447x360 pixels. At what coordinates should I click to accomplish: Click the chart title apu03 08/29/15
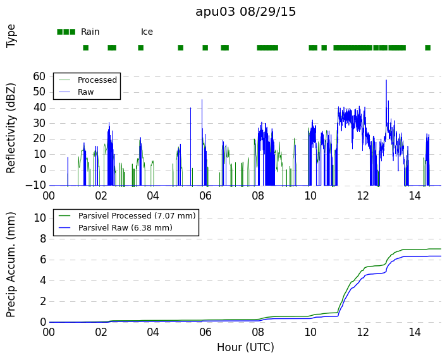(x=245, y=12)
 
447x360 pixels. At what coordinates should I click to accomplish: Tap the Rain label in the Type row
(x=90, y=32)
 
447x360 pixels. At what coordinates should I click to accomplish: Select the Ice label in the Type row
(x=147, y=32)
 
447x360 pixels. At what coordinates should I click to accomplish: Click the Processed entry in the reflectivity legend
(x=97, y=80)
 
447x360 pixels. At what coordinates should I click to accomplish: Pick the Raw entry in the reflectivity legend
(x=85, y=92)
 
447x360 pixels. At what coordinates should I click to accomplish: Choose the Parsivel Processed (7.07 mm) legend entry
(x=137, y=216)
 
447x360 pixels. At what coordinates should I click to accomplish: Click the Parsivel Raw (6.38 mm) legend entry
(x=125, y=228)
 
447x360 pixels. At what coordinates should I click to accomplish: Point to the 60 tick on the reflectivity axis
(x=39, y=76)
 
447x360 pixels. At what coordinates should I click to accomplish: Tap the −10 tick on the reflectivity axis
(x=35, y=186)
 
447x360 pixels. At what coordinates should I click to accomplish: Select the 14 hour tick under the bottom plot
(x=415, y=332)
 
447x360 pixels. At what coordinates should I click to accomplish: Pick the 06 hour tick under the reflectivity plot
(x=205, y=196)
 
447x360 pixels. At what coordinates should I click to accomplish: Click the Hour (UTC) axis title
(x=245, y=347)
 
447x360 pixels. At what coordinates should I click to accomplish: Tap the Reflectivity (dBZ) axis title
(x=11, y=128)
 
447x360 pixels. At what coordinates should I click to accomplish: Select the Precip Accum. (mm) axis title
(x=11, y=265)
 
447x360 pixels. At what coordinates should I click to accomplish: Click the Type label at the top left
(x=11, y=36)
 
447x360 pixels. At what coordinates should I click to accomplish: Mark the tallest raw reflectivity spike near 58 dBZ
(x=386, y=80)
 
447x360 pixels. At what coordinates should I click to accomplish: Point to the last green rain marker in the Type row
(x=427, y=48)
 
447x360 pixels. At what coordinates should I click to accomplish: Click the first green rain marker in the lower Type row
(x=85, y=48)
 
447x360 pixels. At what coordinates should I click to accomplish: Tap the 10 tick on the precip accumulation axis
(x=40, y=218)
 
